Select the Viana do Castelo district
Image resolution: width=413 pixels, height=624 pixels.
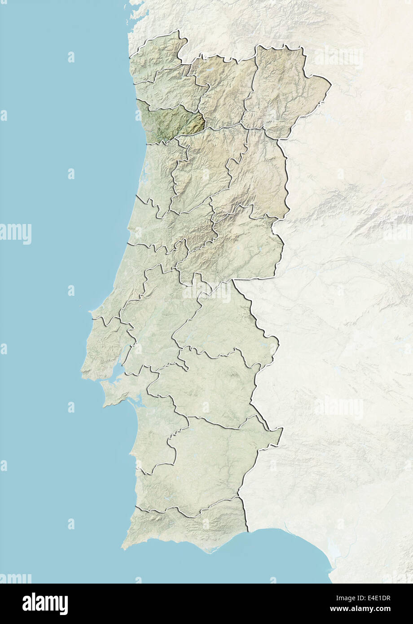[157, 54]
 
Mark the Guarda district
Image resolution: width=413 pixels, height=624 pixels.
[260, 175]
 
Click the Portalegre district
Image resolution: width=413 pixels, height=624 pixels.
[224, 319]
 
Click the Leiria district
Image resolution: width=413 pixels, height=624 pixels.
[153, 229]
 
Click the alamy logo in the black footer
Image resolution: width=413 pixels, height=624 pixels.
[45, 604]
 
